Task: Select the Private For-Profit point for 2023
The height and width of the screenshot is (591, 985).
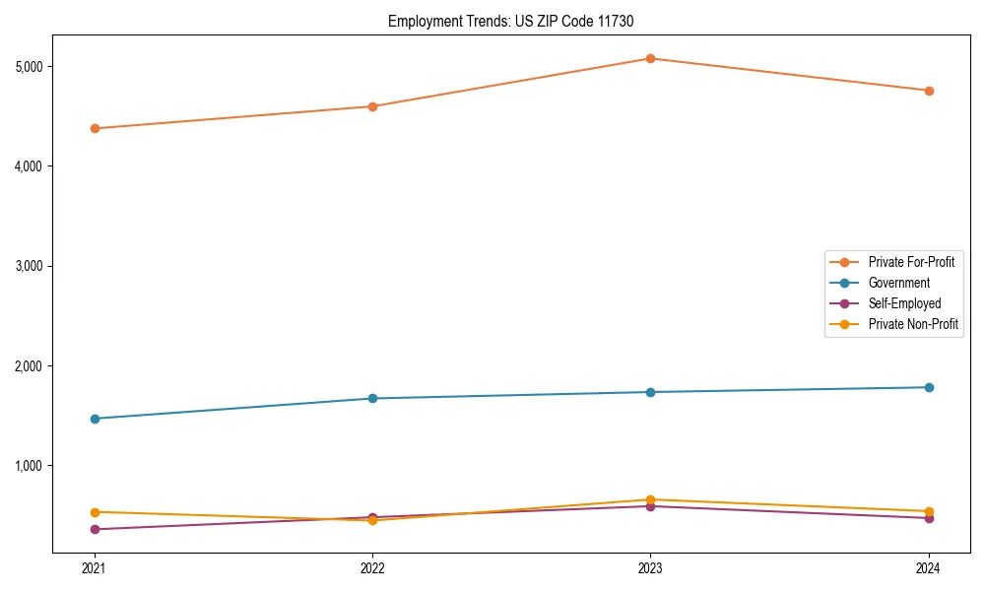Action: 650,58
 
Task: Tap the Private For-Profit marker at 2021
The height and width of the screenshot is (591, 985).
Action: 95,128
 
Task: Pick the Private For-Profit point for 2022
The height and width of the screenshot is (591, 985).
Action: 372,106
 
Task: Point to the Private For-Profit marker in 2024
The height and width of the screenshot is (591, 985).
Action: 929,91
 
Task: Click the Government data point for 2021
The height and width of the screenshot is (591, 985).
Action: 95,419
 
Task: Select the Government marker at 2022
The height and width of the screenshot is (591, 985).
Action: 372,398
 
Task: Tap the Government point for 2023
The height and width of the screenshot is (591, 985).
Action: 650,392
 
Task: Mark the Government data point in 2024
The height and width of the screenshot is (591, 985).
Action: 929,387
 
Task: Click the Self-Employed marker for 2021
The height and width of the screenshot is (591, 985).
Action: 95,530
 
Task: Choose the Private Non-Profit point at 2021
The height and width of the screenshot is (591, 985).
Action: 95,512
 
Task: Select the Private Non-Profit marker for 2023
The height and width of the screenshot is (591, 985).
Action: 650,499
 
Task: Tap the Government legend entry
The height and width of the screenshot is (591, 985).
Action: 898,283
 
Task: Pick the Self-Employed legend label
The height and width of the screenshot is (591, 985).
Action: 904,303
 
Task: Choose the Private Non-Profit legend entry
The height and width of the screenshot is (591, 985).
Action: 913,324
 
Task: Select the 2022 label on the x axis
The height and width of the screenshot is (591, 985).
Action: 372,567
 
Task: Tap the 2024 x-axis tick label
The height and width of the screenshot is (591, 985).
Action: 929,567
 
